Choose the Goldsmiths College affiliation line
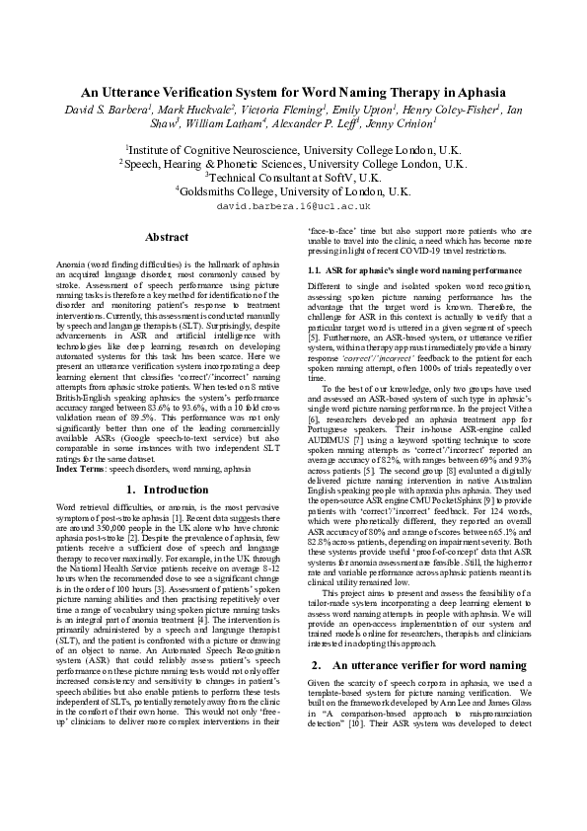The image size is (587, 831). pyautogui.click(x=293, y=190)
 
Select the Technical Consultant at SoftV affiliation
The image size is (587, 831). pyautogui.click(x=293, y=177)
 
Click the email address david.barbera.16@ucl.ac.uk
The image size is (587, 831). pyautogui.click(x=293, y=207)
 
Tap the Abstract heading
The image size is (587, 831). pyautogui.click(x=167, y=237)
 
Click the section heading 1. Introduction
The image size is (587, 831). pyautogui.click(x=167, y=490)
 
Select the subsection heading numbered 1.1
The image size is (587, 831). pyautogui.click(x=414, y=269)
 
